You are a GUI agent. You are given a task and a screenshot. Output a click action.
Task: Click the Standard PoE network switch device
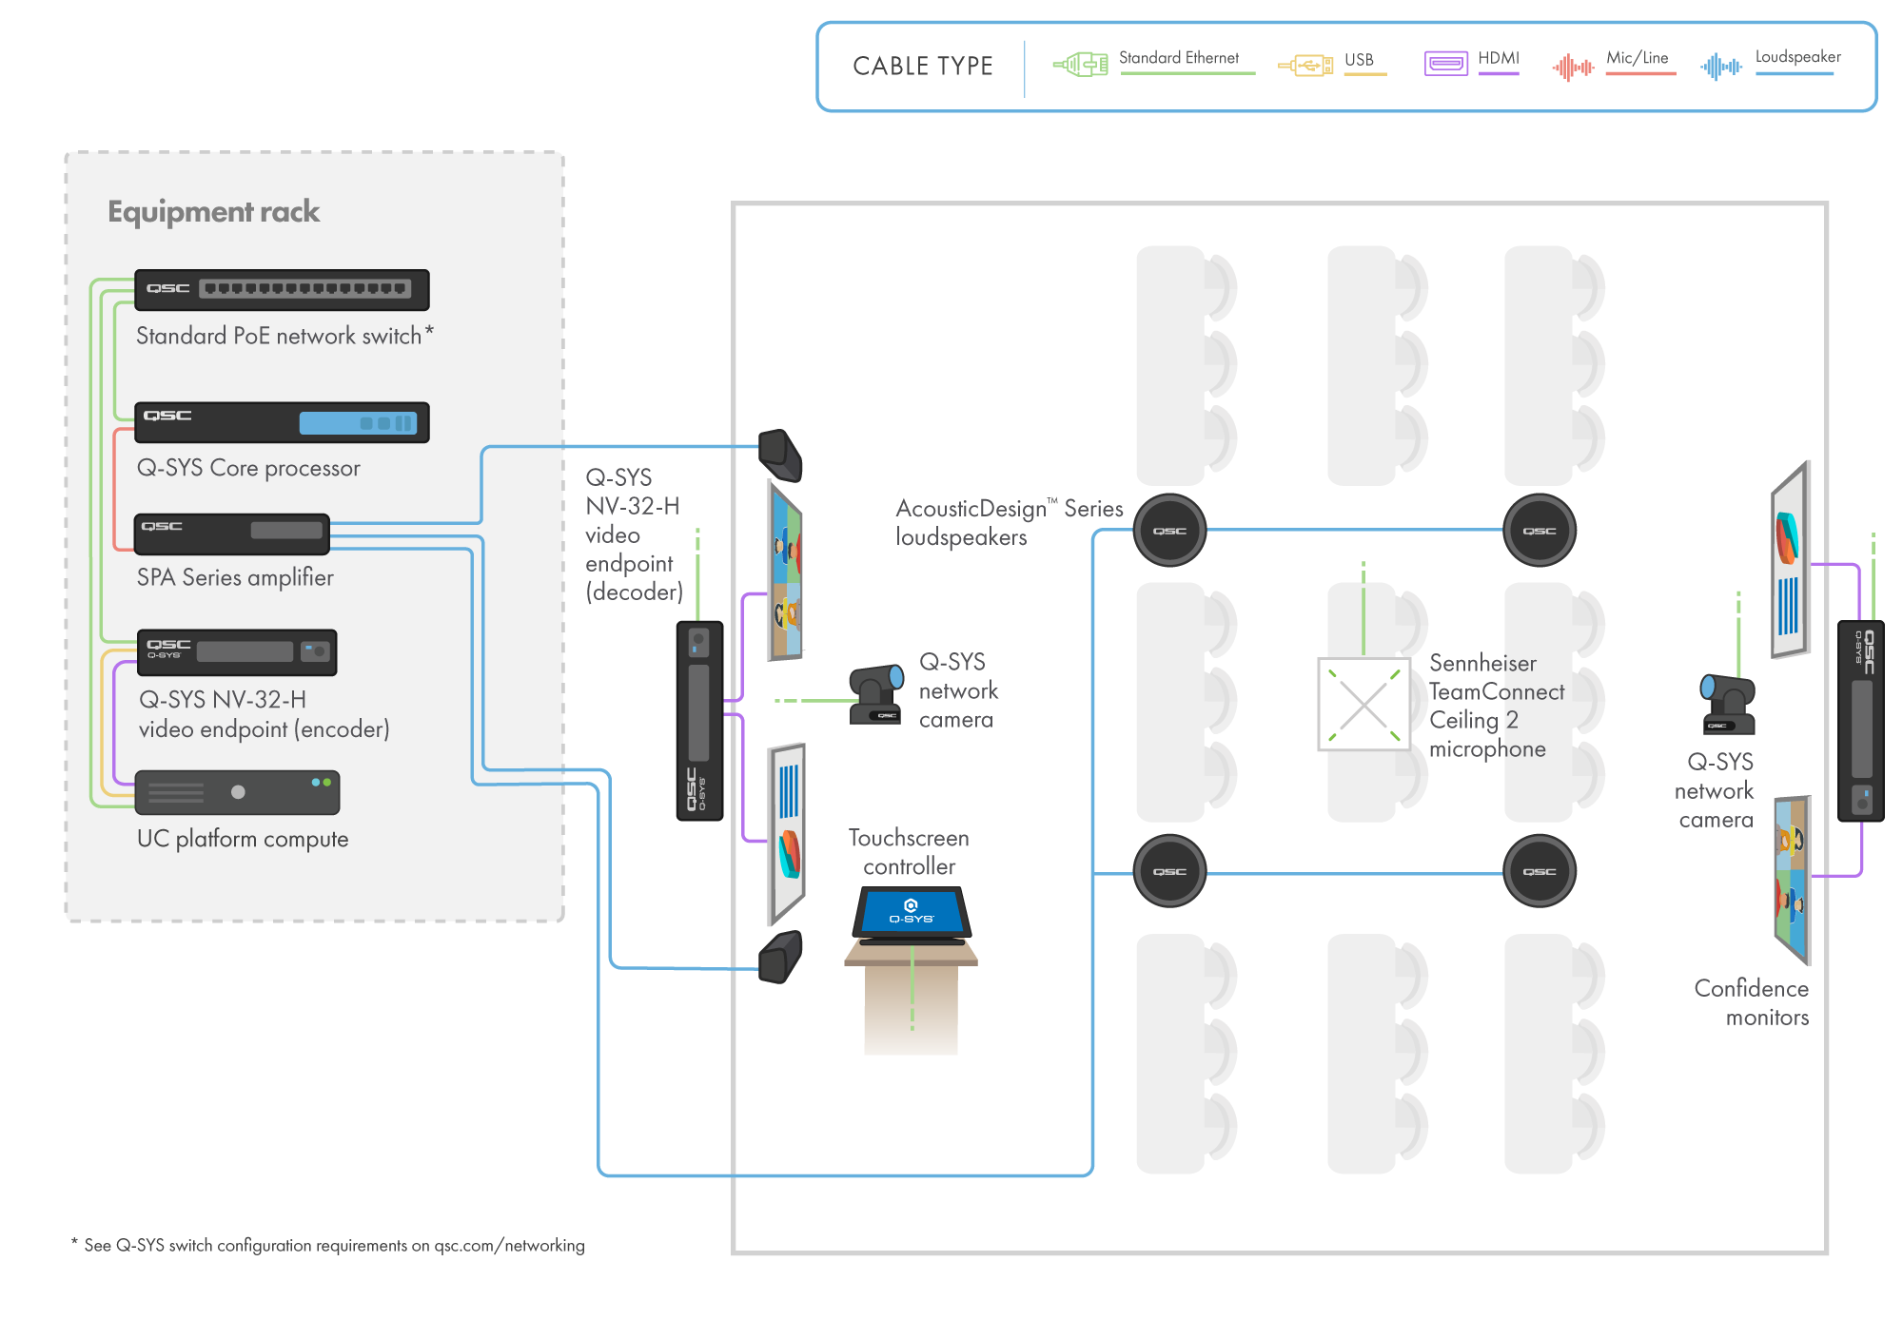tap(282, 290)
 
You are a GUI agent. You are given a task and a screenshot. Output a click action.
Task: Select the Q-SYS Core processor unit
tap(282, 423)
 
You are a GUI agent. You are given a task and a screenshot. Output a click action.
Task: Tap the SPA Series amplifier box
tap(231, 534)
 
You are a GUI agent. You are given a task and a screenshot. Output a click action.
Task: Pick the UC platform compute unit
tap(237, 792)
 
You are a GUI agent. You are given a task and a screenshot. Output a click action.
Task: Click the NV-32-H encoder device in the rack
tap(236, 652)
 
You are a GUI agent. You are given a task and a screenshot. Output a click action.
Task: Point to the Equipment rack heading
tap(213, 211)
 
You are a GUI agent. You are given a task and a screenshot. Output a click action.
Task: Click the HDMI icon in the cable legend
tap(1445, 64)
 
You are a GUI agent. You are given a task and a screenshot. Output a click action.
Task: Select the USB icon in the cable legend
tap(1305, 66)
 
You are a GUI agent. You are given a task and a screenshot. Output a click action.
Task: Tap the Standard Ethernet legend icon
tap(1081, 65)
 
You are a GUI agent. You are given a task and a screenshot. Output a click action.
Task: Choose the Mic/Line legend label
tap(1637, 58)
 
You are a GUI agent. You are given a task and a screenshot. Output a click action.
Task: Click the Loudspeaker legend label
tap(1797, 57)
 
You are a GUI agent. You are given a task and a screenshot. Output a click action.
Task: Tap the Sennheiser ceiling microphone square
tap(1363, 705)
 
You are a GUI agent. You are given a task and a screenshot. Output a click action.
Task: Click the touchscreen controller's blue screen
tap(912, 912)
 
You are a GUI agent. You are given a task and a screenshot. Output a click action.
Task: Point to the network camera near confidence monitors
tap(1727, 705)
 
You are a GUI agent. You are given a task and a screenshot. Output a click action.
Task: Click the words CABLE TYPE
tap(922, 67)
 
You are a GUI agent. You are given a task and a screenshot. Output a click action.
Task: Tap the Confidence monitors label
tap(1752, 1002)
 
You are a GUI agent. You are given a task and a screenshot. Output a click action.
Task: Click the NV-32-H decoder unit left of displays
tap(699, 720)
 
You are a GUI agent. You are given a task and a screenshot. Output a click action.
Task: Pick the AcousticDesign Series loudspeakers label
tap(1009, 522)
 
